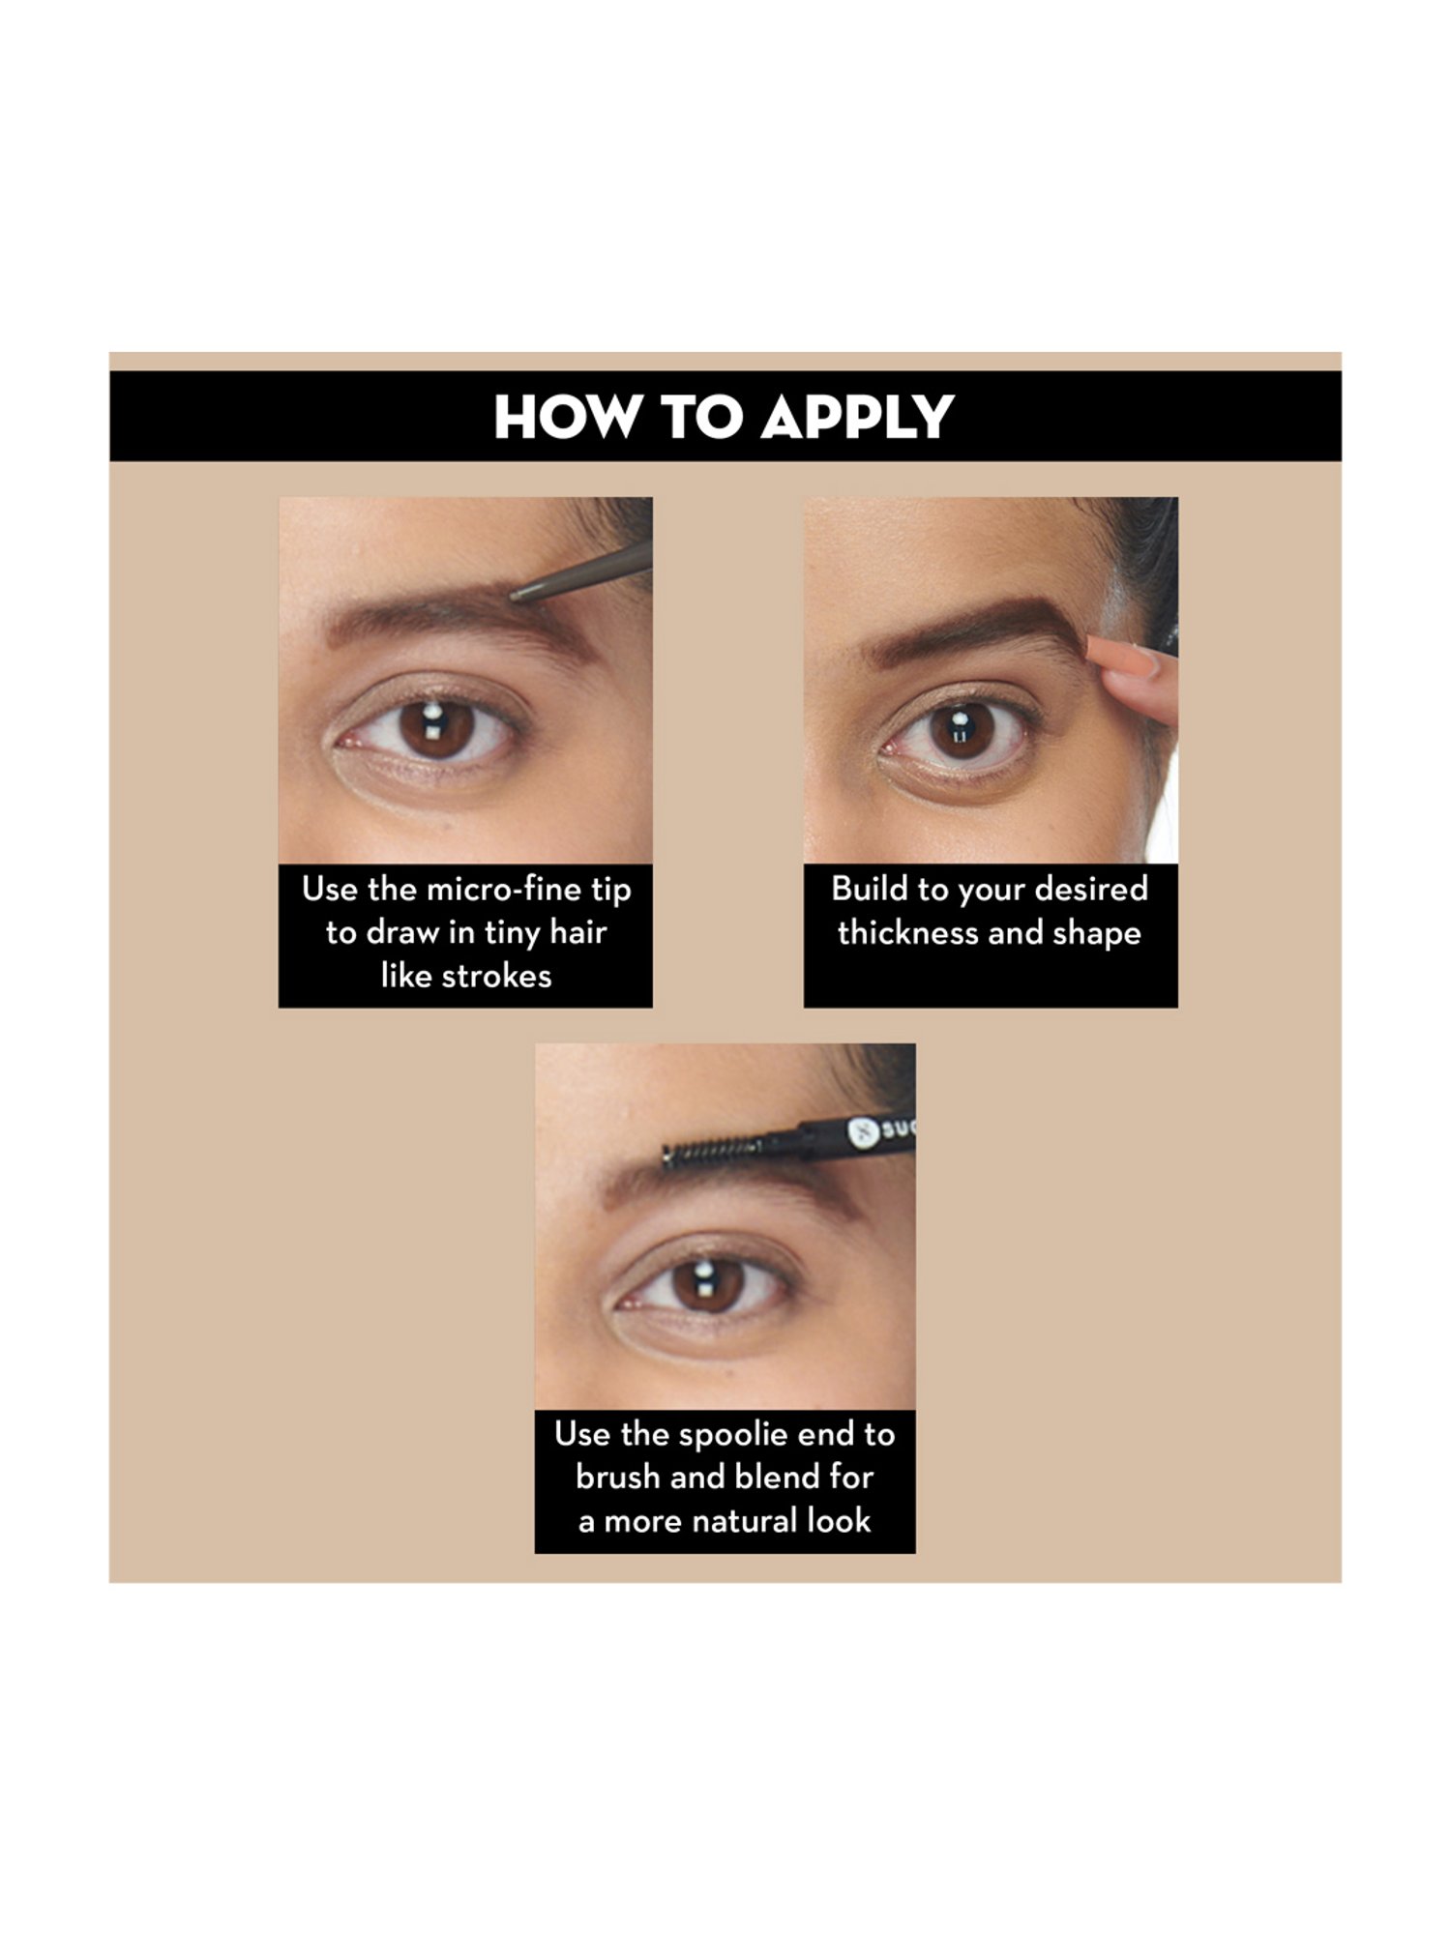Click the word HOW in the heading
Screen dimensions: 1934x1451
pyautogui.click(x=567, y=418)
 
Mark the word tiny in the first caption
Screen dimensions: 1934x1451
pyautogui.click(x=512, y=933)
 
